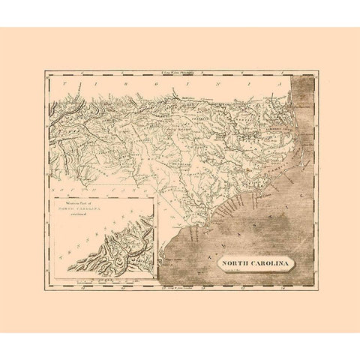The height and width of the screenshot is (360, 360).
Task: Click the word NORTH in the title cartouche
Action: point(235,264)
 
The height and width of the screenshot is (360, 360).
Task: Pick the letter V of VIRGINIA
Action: point(66,85)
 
